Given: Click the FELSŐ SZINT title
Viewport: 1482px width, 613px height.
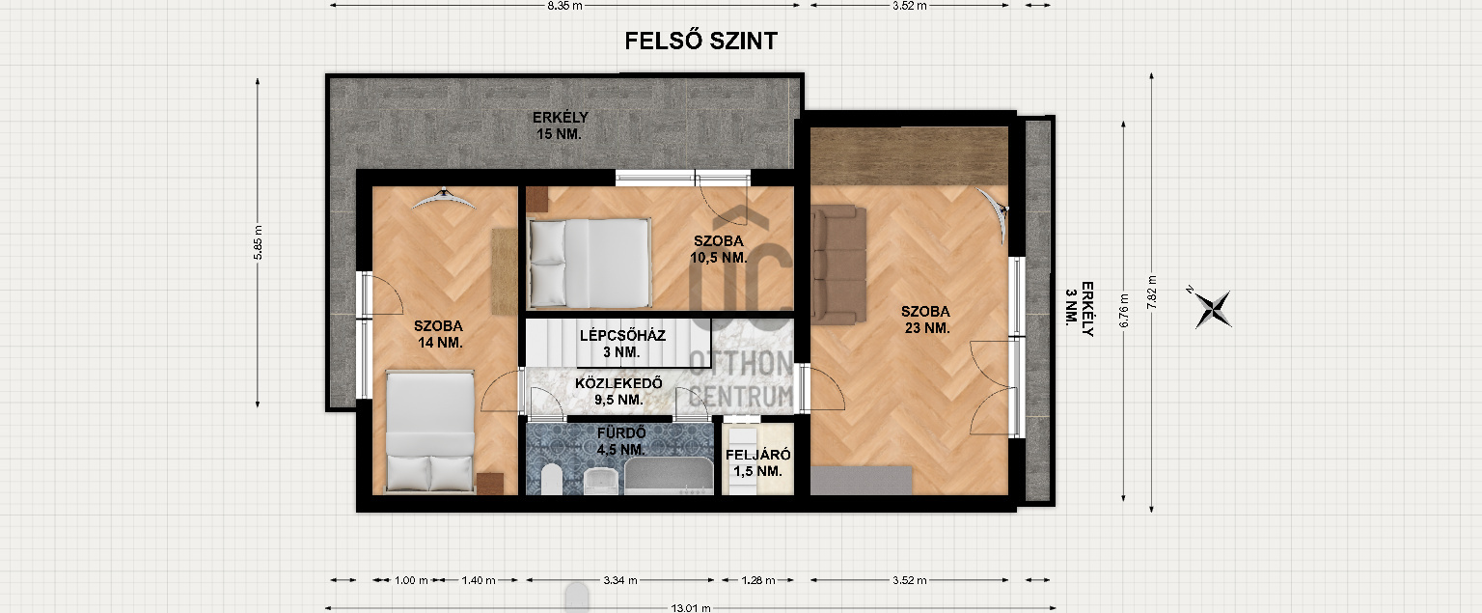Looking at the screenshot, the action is tap(700, 42).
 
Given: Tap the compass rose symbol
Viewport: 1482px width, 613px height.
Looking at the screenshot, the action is tap(1213, 309).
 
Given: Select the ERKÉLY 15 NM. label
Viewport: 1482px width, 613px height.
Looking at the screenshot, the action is tap(560, 125).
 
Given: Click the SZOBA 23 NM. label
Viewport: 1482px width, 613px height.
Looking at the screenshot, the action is tap(925, 320).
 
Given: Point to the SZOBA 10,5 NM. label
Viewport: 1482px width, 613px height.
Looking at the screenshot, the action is tap(719, 250).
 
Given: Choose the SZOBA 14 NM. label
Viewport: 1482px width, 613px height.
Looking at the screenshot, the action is tap(439, 334).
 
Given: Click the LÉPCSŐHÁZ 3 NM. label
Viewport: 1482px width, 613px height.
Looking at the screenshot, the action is tap(622, 344).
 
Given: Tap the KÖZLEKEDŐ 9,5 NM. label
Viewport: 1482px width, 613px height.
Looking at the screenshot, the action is tap(618, 391).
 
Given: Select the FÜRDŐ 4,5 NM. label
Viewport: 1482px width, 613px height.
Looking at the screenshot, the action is tap(621, 441).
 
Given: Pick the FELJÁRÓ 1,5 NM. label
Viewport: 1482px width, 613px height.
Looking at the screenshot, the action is tap(758, 462).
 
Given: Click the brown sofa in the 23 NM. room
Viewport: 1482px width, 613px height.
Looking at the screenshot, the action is tap(838, 265).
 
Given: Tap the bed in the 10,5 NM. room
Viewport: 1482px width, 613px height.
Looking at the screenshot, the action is tap(589, 263).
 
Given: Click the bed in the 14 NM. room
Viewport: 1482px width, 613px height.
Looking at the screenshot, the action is tap(430, 432).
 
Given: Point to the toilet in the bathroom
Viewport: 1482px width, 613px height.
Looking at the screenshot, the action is tap(551, 479).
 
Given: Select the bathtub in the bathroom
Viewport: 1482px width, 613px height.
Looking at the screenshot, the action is tap(669, 476).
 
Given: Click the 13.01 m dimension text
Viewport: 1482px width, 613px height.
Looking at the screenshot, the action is tap(691, 608).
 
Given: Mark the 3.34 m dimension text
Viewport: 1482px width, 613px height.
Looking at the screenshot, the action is tap(620, 580).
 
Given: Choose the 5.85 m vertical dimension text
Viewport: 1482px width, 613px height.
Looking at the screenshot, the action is tap(258, 242).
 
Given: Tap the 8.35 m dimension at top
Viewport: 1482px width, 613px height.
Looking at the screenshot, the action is tap(564, 6).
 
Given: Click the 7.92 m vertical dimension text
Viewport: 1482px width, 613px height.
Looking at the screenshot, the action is tap(1152, 292).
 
